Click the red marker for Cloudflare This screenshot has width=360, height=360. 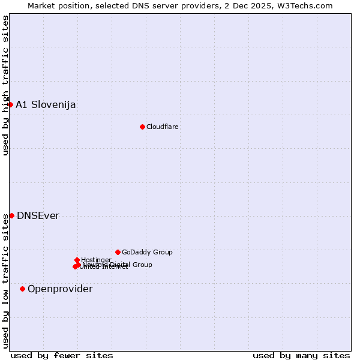[x=142, y=127]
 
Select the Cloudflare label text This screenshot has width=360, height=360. [x=163, y=127]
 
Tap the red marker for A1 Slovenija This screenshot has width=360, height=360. [x=10, y=104]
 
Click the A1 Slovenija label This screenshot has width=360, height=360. [x=46, y=105]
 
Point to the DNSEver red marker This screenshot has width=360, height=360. [x=11, y=215]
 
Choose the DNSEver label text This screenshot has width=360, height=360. [x=38, y=216]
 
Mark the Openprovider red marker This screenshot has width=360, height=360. [x=22, y=289]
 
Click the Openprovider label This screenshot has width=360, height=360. [x=60, y=289]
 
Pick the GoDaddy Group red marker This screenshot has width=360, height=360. [x=118, y=252]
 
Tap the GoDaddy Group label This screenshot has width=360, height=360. [x=147, y=252]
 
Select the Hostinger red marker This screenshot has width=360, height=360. [x=77, y=260]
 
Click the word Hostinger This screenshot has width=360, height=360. [x=96, y=260]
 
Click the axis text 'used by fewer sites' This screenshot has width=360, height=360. [x=62, y=355]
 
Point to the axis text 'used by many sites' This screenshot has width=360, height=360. [x=301, y=355]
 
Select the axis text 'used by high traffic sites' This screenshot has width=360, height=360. [x=6, y=85]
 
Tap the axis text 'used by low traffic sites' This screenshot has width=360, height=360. [x=6, y=281]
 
